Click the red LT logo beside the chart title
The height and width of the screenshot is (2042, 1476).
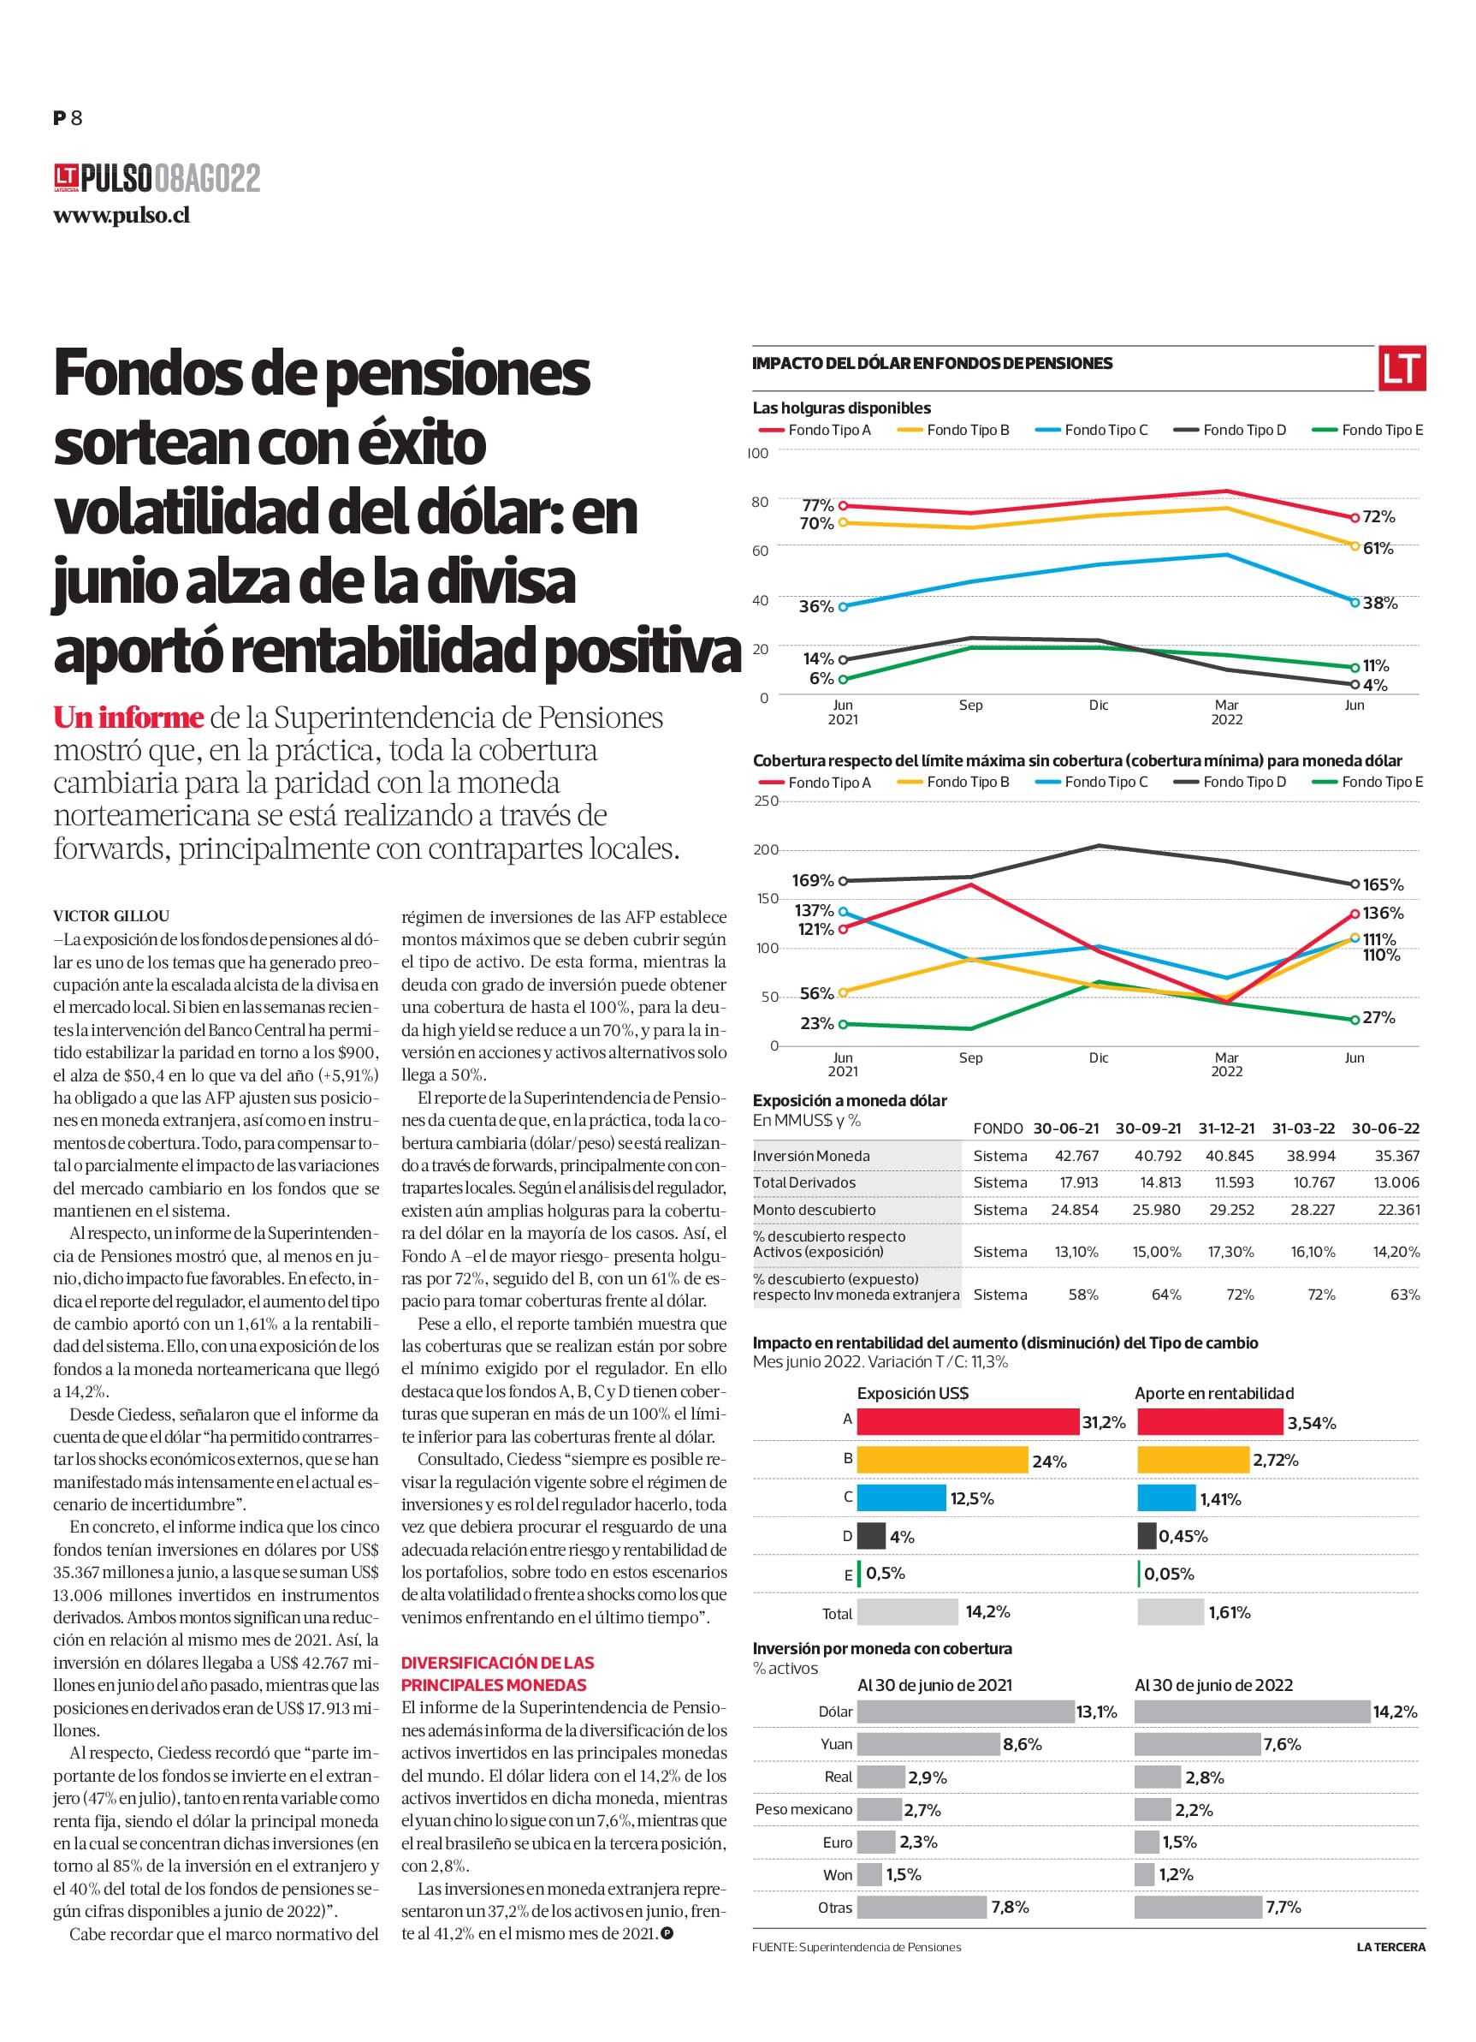[1402, 368]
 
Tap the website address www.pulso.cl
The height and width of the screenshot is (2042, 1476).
[122, 216]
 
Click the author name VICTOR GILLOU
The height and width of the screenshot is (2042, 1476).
[111, 917]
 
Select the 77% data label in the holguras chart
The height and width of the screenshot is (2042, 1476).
[818, 506]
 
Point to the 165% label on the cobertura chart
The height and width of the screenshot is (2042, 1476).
[1384, 885]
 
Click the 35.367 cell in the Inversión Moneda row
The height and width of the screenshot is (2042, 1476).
[1399, 1156]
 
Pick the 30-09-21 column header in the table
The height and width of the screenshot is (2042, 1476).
[1148, 1128]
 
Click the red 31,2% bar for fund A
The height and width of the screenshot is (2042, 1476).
[968, 1421]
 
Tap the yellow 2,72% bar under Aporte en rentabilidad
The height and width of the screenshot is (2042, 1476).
[1194, 1460]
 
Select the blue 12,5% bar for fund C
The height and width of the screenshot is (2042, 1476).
[902, 1498]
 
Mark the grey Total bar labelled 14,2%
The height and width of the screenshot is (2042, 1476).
[907, 1611]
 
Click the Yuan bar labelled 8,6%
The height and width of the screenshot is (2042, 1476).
[928, 1744]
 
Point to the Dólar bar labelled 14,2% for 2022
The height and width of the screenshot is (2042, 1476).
[1252, 1712]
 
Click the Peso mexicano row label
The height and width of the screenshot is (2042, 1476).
[803, 1809]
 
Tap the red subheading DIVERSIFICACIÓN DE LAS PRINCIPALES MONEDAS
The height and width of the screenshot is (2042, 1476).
[498, 1674]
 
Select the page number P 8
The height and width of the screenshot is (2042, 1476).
[68, 117]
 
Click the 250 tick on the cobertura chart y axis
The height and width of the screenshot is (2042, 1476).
[766, 801]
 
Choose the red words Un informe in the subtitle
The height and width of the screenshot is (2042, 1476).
[127, 717]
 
